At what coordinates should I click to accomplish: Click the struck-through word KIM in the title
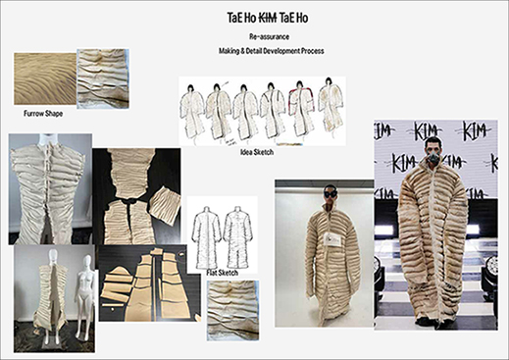(268, 19)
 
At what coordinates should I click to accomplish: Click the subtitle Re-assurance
(269, 36)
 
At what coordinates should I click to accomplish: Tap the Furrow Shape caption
(43, 114)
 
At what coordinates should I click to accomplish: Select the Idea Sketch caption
(257, 152)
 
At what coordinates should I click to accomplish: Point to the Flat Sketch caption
(222, 273)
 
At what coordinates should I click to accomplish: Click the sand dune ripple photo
(45, 78)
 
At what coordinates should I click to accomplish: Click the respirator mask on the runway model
(433, 155)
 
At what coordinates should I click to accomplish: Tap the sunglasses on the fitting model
(330, 193)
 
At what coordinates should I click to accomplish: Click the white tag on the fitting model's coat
(332, 240)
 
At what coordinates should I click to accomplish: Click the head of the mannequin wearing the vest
(53, 257)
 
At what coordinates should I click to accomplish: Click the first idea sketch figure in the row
(189, 111)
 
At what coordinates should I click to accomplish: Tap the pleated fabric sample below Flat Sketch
(232, 310)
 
